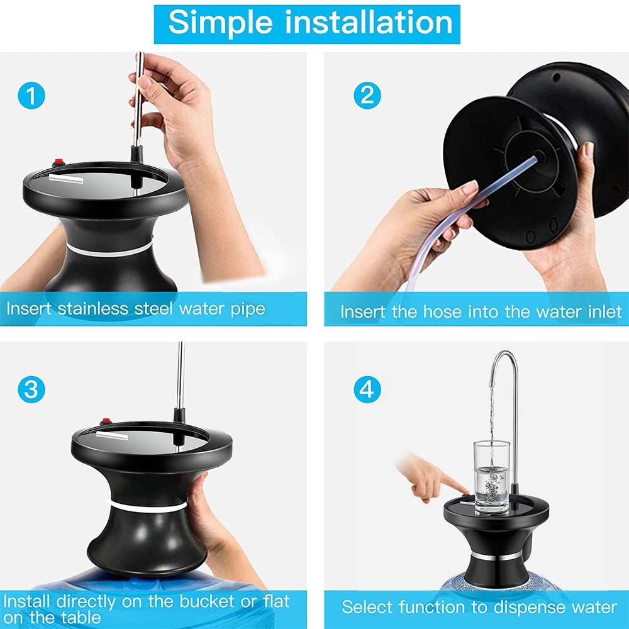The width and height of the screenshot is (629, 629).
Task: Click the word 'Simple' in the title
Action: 215,23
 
